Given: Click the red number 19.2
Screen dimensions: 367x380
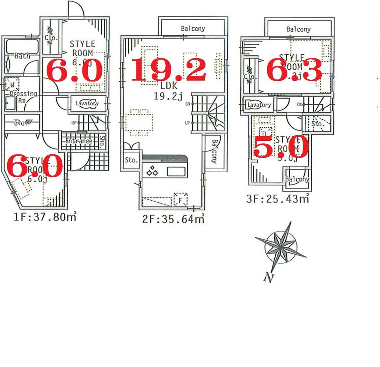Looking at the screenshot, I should coord(168,71).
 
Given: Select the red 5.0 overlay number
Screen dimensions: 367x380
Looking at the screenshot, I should coord(281,147).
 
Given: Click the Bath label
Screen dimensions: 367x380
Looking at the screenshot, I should coord(22,56).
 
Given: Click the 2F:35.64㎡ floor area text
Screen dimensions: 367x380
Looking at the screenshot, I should coord(169,219).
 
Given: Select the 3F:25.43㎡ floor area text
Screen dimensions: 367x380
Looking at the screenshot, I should coord(277,198).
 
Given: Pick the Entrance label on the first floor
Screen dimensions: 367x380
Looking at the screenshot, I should coord(79,141).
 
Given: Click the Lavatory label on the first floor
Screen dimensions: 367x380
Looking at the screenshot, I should coord(87,103).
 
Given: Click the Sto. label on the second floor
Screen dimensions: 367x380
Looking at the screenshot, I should coord(131,161).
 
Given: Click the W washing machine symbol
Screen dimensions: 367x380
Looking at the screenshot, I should coord(13,84).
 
